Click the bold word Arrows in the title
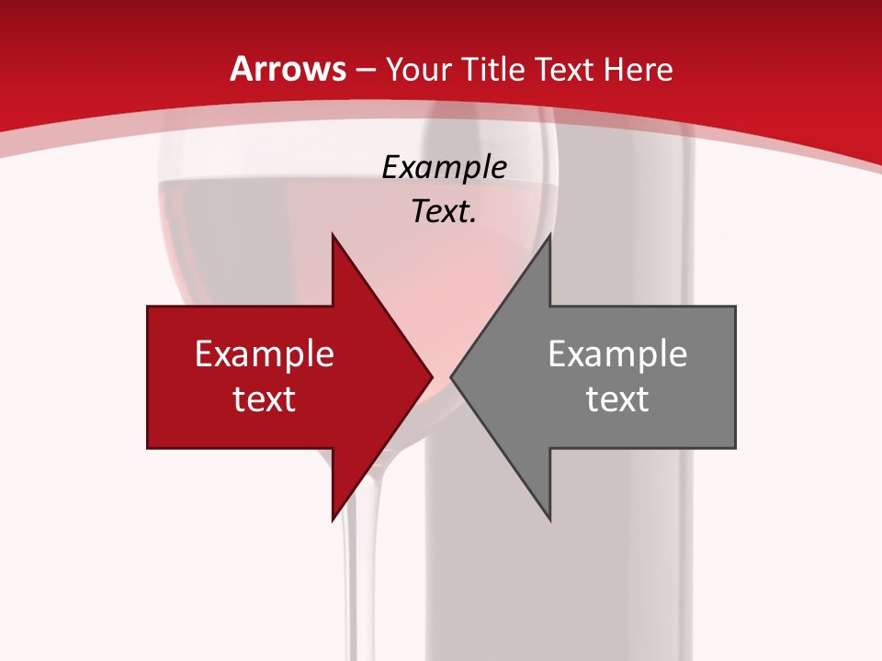pyautogui.click(x=288, y=69)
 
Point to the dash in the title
pyautogui.click(x=366, y=70)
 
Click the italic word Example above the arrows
pyautogui.click(x=445, y=168)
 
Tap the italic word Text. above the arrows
pyautogui.click(x=445, y=212)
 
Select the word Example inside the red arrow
pyautogui.click(x=265, y=354)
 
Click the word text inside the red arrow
pyautogui.click(x=265, y=398)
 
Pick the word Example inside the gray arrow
pyautogui.click(x=617, y=354)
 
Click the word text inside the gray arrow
pyautogui.click(x=617, y=398)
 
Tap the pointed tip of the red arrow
pyautogui.click(x=432, y=376)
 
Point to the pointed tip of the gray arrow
pyautogui.click(x=451, y=376)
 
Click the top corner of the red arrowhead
pyautogui.click(x=333, y=235)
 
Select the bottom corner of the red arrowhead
pyautogui.click(x=333, y=520)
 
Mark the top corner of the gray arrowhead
pyautogui.click(x=549, y=235)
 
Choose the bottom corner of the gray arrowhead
pyautogui.click(x=549, y=520)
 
